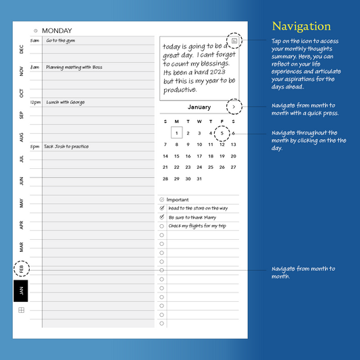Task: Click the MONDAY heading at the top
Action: coord(57,30)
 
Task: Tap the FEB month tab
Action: coord(21,269)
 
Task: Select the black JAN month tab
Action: coord(21,291)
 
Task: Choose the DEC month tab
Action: coord(21,49)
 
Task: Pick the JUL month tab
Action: coord(21,159)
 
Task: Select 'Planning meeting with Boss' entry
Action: coord(74,67)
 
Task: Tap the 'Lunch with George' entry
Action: coord(66,103)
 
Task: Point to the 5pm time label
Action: coord(34,146)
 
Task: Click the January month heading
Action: coord(199,107)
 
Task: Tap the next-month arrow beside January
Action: coord(234,107)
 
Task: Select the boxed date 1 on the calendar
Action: coord(176,133)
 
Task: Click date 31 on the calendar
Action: coord(199,179)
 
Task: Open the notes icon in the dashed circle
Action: coord(234,41)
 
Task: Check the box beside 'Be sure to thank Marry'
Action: coord(161,217)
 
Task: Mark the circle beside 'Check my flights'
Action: coord(161,226)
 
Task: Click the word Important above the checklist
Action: coord(178,200)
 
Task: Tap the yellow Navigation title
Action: coord(301,26)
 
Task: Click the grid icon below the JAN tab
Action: coord(21,310)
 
